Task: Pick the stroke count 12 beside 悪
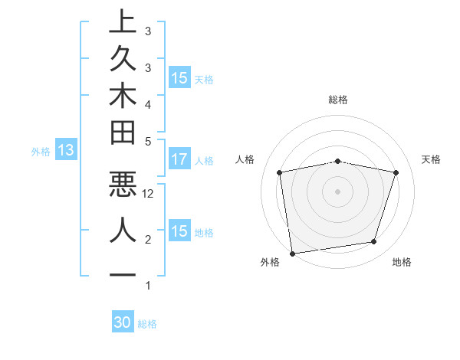[149, 194]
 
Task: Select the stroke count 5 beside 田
[148, 141]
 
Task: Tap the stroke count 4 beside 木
[148, 103]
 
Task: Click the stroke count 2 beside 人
[148, 240]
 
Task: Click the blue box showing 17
[179, 160]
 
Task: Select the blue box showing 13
[65, 151]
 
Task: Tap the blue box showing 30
[123, 323]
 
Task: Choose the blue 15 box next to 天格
[179, 78]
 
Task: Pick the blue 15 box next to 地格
[179, 231]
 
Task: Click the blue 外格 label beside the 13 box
[41, 152]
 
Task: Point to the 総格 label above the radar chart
[338, 100]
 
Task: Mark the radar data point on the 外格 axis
[292, 253]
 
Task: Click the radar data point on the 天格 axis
[396, 172]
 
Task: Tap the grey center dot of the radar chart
[338, 191]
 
